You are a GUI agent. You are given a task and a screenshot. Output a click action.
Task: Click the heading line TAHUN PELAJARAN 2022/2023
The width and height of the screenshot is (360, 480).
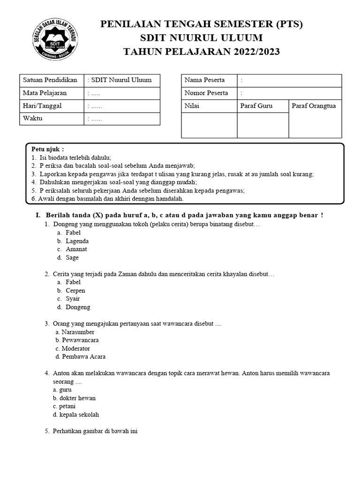pos(202,52)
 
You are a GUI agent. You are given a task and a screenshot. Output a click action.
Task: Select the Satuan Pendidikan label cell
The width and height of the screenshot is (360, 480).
pos(50,80)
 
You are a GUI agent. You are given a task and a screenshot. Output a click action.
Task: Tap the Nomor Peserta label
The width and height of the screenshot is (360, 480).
pos(206,93)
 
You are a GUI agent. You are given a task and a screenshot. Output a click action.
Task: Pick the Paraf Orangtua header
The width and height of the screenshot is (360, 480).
pos(314,106)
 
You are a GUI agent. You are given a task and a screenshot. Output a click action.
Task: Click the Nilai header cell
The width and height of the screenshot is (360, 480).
pos(192,106)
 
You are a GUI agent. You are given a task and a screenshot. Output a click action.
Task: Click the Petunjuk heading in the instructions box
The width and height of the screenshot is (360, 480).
pos(47,149)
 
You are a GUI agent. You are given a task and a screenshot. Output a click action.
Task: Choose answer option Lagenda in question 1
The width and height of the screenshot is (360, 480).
pos(77,241)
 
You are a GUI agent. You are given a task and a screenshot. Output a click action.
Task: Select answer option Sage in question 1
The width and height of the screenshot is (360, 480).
pos(72,258)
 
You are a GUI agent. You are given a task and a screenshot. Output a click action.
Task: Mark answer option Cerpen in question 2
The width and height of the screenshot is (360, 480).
pos(75,291)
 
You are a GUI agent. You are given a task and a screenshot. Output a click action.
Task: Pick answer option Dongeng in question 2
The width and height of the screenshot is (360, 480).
pos(78,307)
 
